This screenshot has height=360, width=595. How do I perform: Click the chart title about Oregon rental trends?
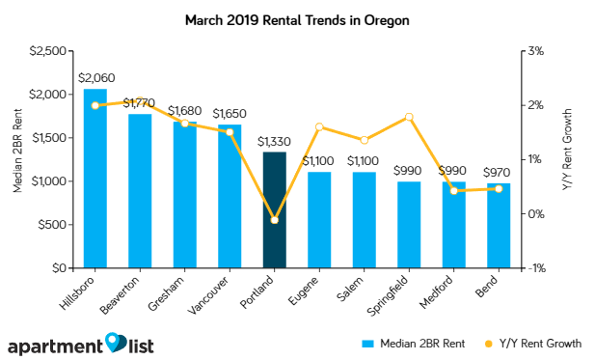[296, 19]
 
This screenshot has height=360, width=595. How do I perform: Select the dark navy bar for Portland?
[274, 210]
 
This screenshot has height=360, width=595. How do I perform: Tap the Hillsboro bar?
[95, 179]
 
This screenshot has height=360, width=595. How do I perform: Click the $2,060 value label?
[95, 77]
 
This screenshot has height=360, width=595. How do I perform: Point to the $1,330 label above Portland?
[274, 142]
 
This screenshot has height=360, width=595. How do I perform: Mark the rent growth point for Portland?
[274, 220]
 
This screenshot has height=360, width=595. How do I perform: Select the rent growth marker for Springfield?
[409, 117]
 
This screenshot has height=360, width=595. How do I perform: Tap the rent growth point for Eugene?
[319, 127]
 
